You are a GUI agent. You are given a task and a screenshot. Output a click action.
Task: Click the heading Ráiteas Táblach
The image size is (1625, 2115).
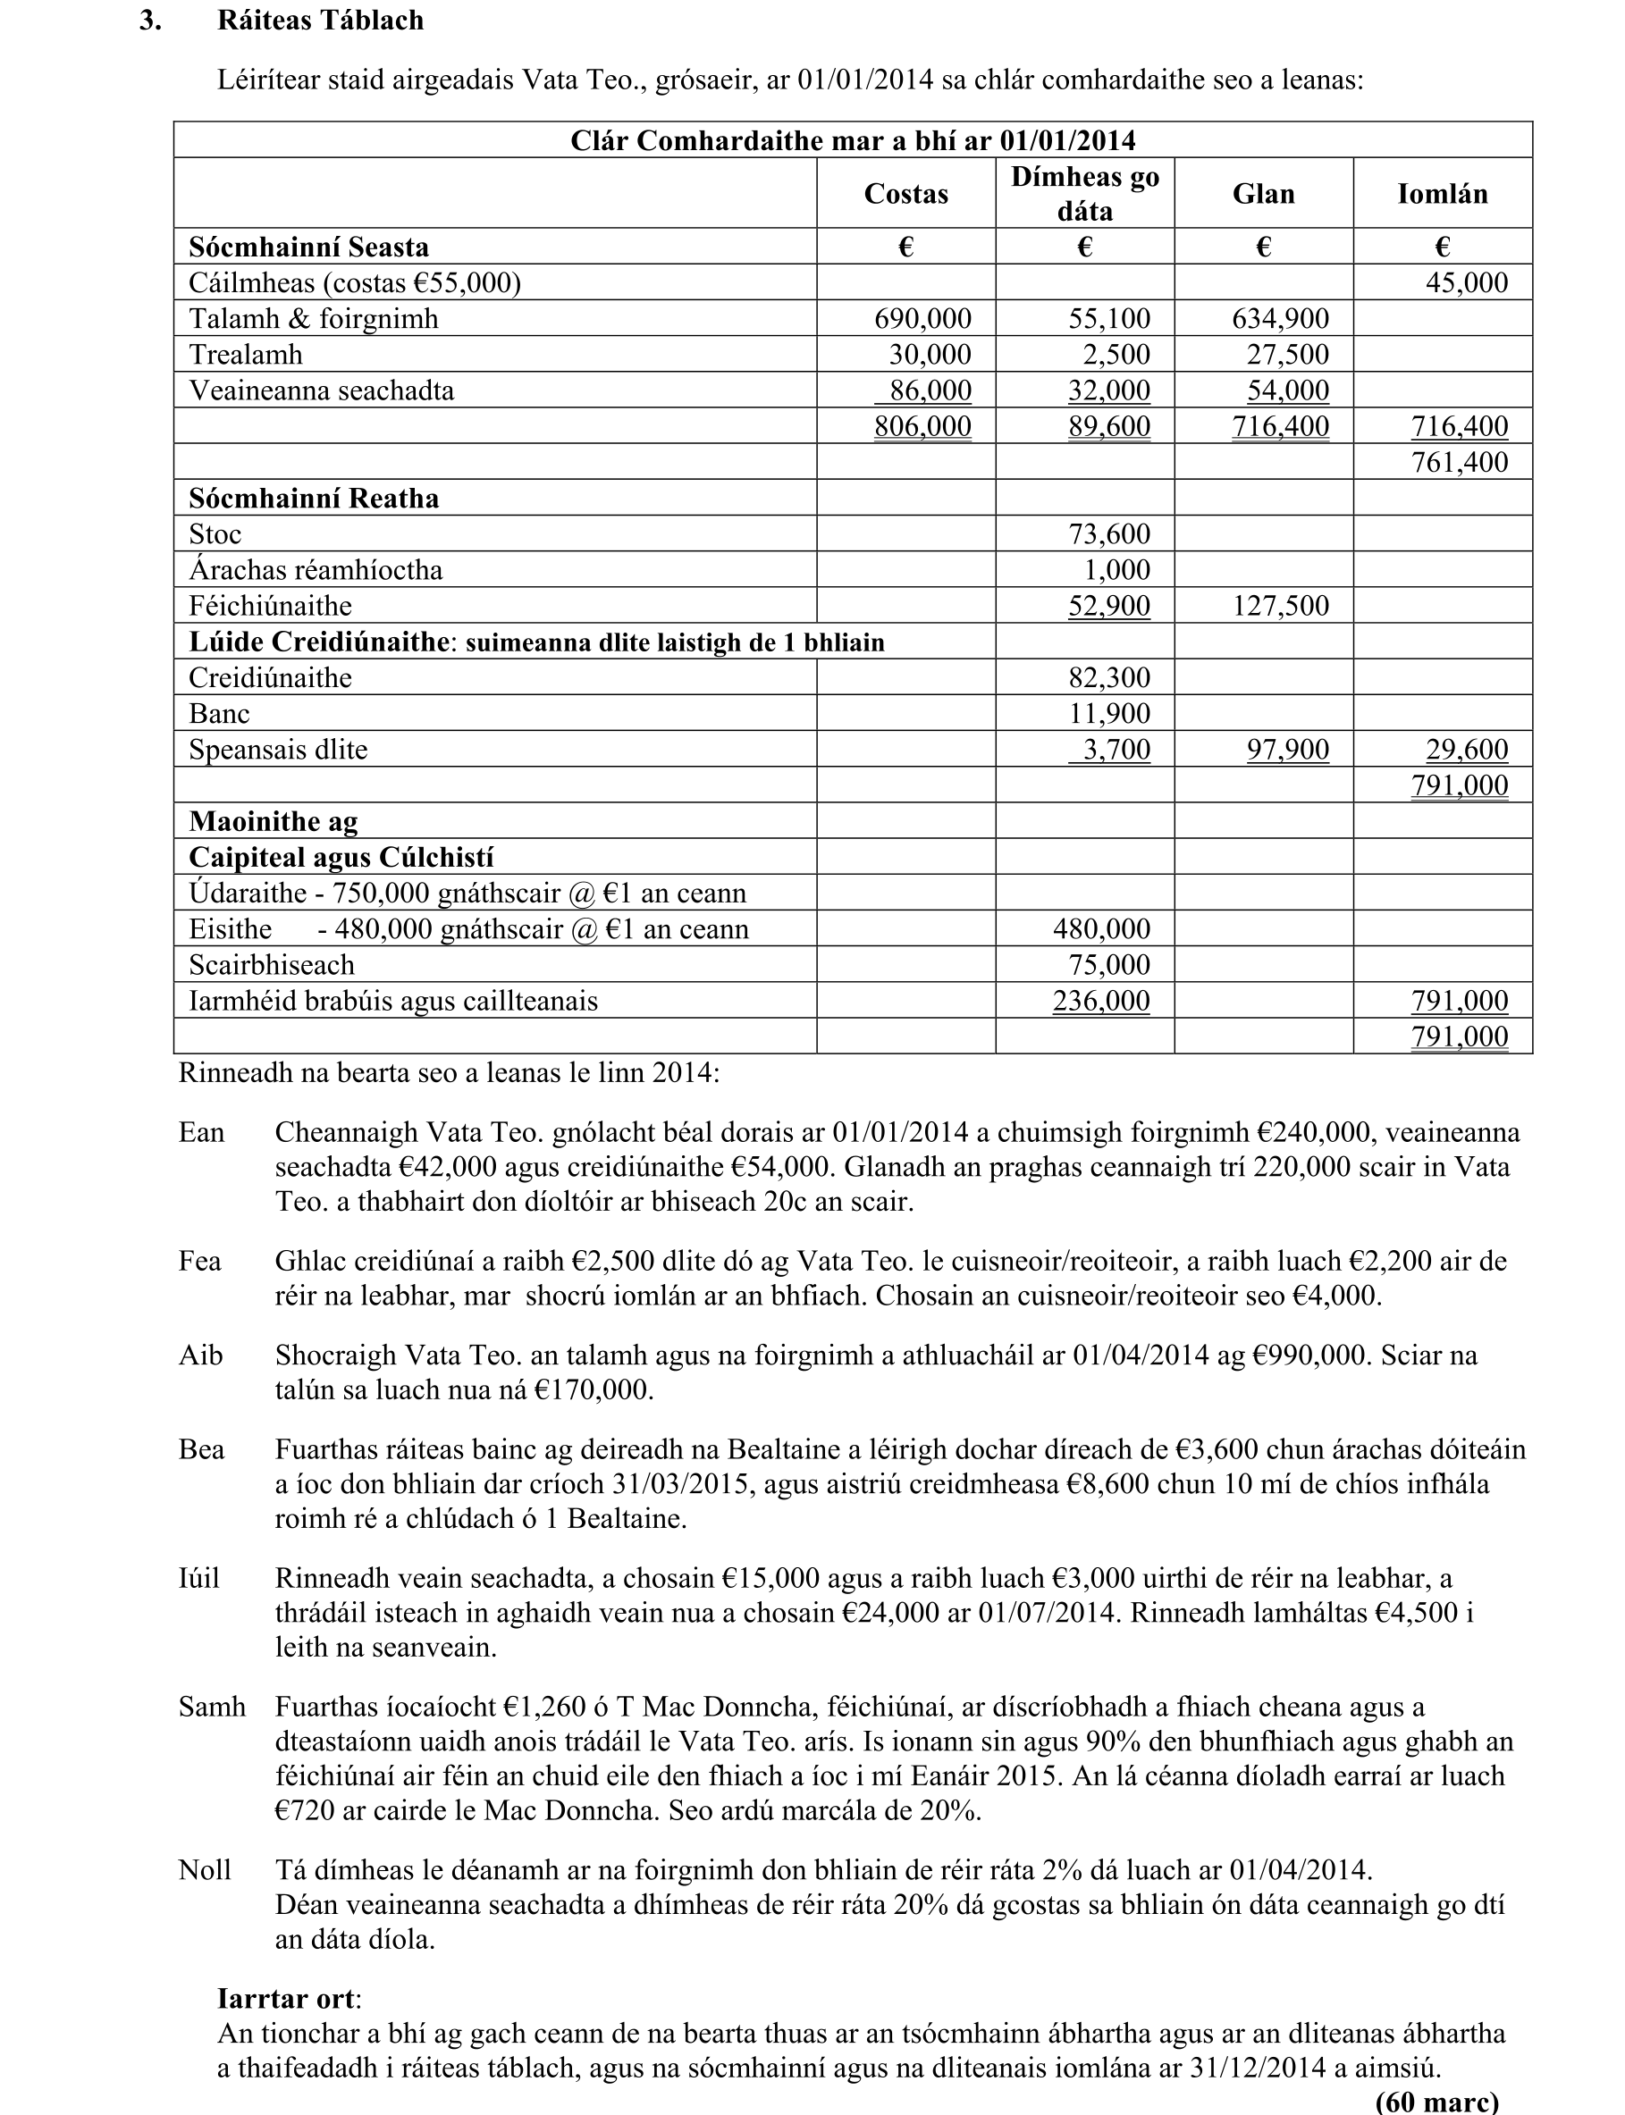(320, 21)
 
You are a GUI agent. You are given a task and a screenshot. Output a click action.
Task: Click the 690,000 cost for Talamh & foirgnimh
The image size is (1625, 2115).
(922, 318)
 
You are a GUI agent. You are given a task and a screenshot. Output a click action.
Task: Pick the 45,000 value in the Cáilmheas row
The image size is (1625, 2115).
(1467, 282)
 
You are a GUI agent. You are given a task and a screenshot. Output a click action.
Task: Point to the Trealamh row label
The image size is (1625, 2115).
(246, 354)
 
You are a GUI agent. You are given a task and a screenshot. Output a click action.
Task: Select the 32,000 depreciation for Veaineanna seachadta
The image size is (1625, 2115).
(1108, 390)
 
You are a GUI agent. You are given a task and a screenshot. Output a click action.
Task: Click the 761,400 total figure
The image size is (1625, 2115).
(1460, 461)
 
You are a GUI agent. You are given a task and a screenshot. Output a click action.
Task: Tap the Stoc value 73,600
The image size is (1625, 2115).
(1108, 533)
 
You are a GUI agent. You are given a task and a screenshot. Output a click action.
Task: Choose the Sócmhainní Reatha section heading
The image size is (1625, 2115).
(314, 498)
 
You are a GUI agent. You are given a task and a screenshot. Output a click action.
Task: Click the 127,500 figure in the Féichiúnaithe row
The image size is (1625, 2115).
(1281, 606)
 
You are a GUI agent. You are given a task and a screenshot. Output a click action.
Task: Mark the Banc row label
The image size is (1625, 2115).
(220, 714)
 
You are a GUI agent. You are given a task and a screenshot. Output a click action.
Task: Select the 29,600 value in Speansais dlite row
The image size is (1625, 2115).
(1467, 750)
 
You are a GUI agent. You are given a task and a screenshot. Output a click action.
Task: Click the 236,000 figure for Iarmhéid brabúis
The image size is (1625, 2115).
(1102, 1000)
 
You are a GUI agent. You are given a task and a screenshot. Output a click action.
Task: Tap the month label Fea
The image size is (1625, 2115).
(200, 1261)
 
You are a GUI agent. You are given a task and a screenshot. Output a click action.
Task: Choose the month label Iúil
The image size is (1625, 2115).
(199, 1578)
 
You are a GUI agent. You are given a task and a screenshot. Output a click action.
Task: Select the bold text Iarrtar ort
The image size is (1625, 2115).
(288, 1999)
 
